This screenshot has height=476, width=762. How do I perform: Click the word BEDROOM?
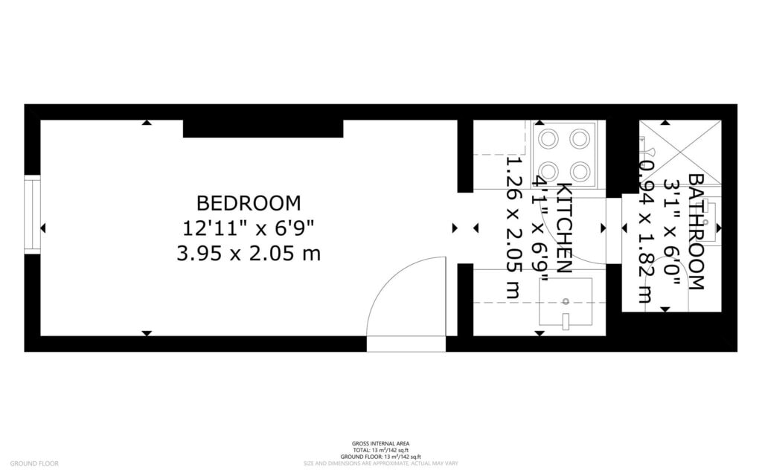click(249, 202)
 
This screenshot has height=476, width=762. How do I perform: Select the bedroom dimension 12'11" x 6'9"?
click(249, 228)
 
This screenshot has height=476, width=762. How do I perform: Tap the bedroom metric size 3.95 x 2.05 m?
click(249, 254)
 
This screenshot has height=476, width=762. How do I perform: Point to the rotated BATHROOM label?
click(696, 231)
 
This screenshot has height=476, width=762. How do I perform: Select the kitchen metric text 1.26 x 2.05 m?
click(512, 228)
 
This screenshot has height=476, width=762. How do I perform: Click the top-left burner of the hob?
click(549, 138)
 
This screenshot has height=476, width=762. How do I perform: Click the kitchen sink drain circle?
click(566, 301)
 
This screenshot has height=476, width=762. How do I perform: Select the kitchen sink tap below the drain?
click(566, 321)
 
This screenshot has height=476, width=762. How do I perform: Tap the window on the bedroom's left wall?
click(32, 215)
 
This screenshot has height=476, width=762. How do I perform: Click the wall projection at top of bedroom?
click(263, 129)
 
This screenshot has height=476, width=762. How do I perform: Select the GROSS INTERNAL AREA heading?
click(380, 443)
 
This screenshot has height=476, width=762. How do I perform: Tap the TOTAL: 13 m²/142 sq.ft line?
click(380, 450)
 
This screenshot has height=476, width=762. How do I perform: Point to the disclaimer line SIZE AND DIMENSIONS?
click(380, 463)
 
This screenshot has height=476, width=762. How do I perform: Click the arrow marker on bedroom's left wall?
click(43, 228)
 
